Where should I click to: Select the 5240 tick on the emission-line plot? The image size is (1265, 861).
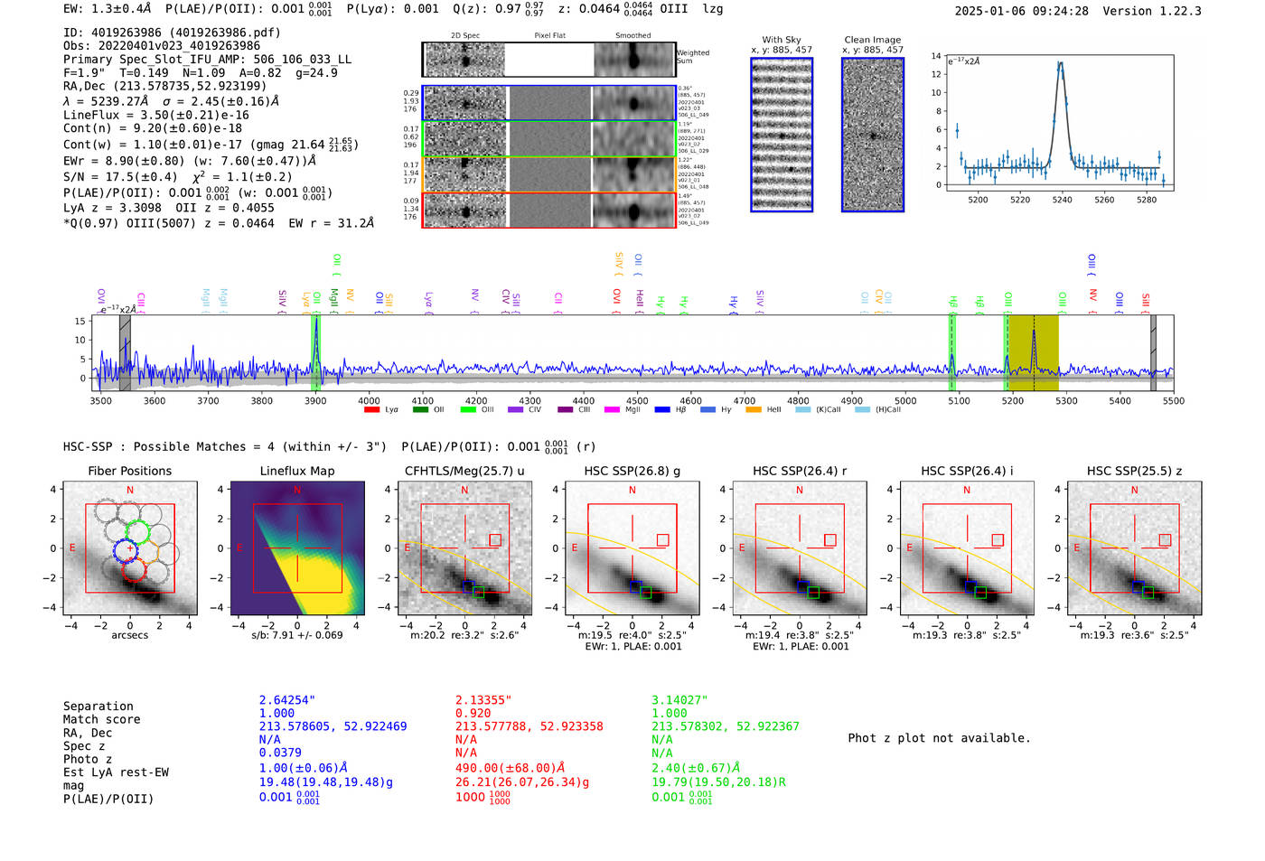(1063, 200)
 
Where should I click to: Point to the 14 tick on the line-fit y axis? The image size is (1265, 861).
(937, 56)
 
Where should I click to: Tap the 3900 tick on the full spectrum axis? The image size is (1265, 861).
(315, 401)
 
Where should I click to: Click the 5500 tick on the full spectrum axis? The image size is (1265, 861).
(1173, 401)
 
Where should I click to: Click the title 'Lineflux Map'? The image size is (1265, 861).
(297, 471)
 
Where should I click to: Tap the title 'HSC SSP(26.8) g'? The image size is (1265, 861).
(632, 471)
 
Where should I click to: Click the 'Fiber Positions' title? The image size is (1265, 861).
(130, 471)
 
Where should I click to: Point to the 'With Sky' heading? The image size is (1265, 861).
(782, 40)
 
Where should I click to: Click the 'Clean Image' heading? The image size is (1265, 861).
(873, 40)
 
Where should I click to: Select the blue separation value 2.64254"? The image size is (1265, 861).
(287, 700)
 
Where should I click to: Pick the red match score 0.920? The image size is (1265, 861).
(473, 713)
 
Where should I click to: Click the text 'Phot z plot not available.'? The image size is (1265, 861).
(939, 738)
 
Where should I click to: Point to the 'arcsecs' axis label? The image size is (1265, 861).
(130, 635)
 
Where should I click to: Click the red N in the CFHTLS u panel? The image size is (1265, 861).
(464, 491)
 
